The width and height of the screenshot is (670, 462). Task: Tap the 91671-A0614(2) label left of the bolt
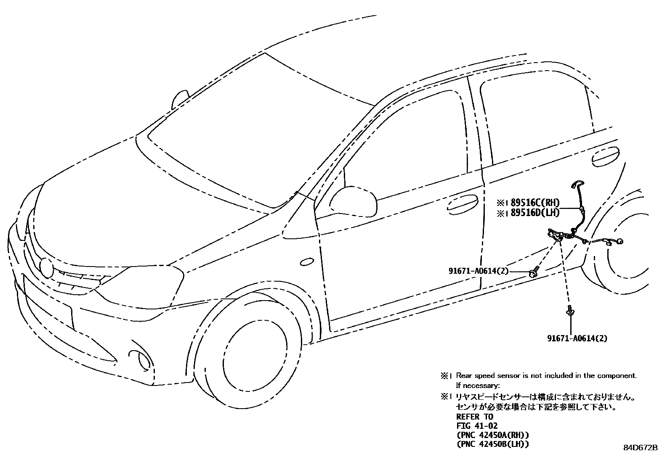478,272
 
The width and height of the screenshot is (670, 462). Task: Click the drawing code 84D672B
640,448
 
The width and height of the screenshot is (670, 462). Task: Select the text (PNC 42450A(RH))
492,435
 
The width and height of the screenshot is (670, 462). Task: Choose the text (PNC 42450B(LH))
492,444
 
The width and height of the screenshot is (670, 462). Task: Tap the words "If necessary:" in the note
478,385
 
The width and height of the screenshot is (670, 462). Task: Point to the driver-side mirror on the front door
353,201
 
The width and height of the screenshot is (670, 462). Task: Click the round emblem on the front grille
45,267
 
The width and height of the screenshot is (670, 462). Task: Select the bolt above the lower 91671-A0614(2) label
570,310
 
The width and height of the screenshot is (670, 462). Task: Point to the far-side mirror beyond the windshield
180,100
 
